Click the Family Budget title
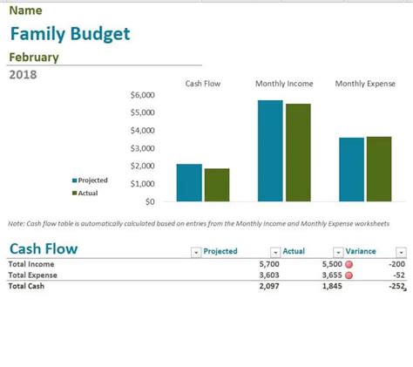click(x=70, y=34)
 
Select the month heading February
click(x=34, y=58)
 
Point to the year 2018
click(x=23, y=75)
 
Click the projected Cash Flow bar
click(x=189, y=183)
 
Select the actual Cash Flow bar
click(x=217, y=185)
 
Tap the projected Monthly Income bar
click(x=270, y=151)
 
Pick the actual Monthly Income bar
click(x=298, y=153)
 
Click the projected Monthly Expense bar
click(x=351, y=169)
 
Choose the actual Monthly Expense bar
click(x=379, y=169)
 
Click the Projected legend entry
click(x=90, y=180)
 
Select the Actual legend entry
click(x=85, y=193)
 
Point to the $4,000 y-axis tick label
click(x=142, y=131)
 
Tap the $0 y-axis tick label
click(x=150, y=201)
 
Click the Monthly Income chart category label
click(x=284, y=84)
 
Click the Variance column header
click(x=361, y=251)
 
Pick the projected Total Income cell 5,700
click(x=269, y=264)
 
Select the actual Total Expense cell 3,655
click(x=332, y=275)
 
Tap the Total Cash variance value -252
click(x=396, y=286)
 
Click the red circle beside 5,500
click(x=349, y=264)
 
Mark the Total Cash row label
click(x=26, y=286)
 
